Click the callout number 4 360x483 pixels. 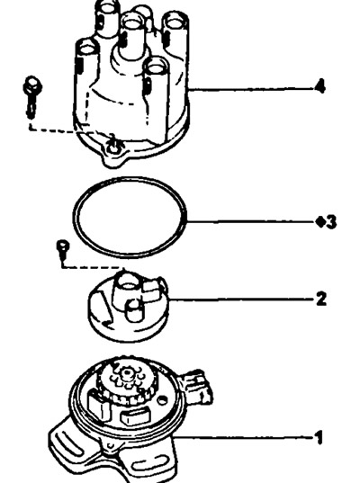(320, 86)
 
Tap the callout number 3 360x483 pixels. (331, 222)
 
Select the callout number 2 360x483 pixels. (321, 299)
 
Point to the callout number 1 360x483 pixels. (319, 437)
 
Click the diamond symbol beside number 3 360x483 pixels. (320, 222)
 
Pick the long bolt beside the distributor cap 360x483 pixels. (32, 96)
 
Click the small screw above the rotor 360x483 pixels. (63, 248)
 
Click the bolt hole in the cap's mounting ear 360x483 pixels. (112, 149)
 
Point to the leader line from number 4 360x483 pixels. (251, 89)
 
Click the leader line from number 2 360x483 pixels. (242, 300)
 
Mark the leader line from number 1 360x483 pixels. (243, 437)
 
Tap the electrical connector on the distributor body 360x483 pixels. (198, 386)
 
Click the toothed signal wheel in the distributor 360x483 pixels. (127, 382)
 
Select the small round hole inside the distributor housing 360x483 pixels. (162, 400)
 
